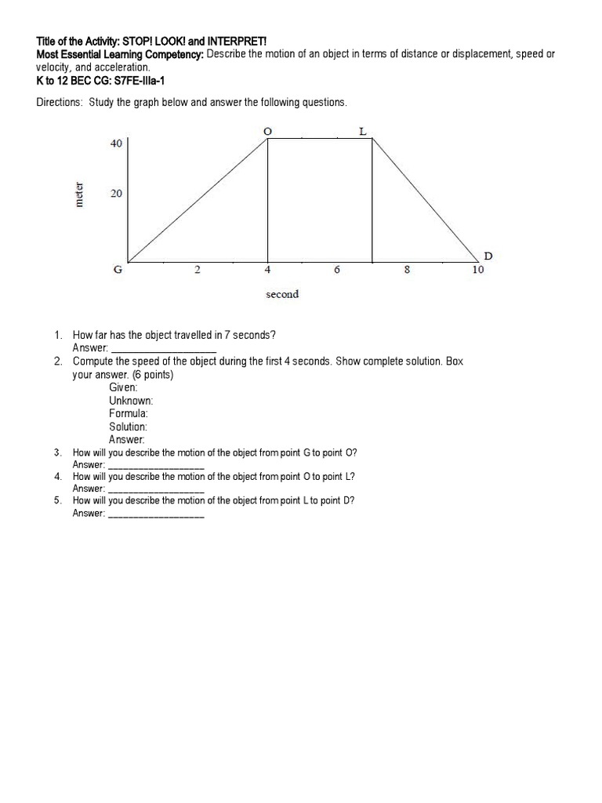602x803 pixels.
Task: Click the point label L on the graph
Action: [362, 131]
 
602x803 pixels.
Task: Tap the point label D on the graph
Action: [488, 256]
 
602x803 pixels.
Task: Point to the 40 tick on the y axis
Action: [117, 144]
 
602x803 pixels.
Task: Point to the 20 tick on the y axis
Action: [117, 194]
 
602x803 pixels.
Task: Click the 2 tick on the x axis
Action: [198, 271]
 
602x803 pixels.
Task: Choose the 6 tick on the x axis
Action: [336, 271]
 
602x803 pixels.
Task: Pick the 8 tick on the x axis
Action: [406, 271]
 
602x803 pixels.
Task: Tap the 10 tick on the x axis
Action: [478, 271]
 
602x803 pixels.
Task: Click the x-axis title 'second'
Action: [282, 294]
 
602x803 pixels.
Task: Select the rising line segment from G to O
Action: [198, 201]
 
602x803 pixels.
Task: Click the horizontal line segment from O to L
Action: [320, 140]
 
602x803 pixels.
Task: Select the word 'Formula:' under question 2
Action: [129, 413]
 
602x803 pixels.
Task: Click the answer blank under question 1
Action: [164, 347]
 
